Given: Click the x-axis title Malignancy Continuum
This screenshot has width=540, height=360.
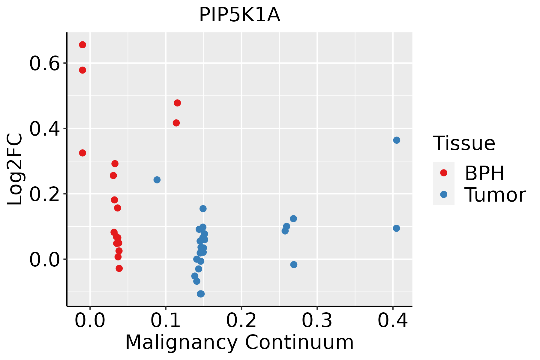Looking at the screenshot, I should [239, 342].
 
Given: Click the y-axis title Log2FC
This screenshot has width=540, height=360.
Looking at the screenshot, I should [15, 169].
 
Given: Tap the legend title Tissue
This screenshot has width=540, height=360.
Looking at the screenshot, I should [464, 143].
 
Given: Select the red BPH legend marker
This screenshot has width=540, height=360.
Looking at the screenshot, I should [443, 173].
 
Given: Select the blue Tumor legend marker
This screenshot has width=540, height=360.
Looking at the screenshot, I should [443, 194].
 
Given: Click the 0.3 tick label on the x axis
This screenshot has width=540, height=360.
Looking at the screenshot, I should [317, 321].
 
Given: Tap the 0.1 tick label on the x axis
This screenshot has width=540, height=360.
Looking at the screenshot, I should [166, 321].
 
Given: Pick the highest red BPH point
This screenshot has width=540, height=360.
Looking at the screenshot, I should [82, 45].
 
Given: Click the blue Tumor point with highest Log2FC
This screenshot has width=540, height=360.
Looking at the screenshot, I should [397, 140].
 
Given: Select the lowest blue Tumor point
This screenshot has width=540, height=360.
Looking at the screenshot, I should [201, 294].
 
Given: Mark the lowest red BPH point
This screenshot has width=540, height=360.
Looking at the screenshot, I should [119, 268].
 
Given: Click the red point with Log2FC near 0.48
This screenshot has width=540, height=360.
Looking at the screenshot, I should [177, 103].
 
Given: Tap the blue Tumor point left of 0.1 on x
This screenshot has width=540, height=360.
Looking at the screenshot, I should [157, 180].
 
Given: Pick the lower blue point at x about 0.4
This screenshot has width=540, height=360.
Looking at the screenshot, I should [396, 228].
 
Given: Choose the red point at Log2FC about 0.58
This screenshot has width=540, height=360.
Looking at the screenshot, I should [82, 70].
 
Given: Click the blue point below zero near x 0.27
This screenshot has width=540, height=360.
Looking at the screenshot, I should [294, 265].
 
